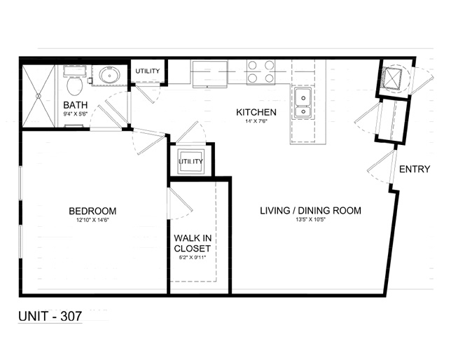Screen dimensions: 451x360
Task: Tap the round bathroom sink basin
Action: coord(109,76)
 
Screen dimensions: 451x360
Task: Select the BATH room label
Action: coord(76,105)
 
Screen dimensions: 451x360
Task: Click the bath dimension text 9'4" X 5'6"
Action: coord(75,113)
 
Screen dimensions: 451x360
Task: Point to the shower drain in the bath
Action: coord(39,96)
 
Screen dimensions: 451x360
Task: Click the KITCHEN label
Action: coord(256,112)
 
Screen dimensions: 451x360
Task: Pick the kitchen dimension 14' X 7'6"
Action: coord(256,121)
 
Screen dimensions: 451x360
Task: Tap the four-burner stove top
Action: coord(261,72)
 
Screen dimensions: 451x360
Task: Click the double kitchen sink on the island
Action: coord(303,104)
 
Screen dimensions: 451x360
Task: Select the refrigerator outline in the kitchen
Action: coord(210,74)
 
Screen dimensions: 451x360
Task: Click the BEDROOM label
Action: coord(92,211)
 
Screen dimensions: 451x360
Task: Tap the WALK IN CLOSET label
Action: coord(193,243)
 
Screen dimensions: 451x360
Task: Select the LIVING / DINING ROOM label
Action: coord(311,211)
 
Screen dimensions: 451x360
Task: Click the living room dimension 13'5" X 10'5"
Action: coord(311,220)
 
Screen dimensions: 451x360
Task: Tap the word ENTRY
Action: coord(415,169)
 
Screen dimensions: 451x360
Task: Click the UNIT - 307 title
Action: coord(50,317)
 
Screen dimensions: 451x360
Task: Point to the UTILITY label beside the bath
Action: coord(148,71)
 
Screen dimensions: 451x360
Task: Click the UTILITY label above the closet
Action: coord(190,161)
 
